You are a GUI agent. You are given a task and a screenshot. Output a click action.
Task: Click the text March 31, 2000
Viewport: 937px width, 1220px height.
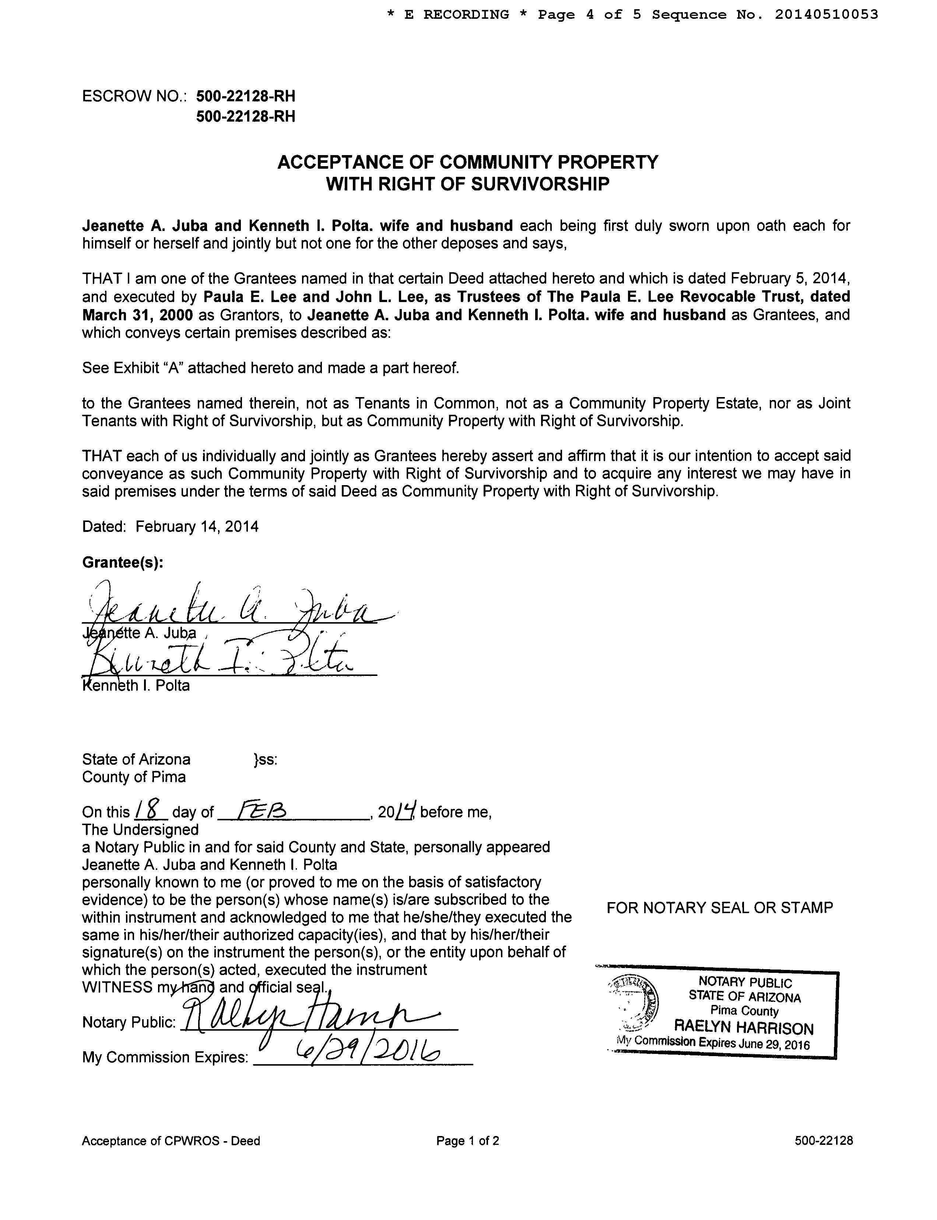pyautogui.click(x=137, y=315)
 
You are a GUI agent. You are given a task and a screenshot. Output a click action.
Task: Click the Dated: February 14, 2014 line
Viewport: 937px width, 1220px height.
pyautogui.click(x=170, y=527)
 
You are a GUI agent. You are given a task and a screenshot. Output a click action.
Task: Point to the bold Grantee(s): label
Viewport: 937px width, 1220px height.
pyautogui.click(x=123, y=562)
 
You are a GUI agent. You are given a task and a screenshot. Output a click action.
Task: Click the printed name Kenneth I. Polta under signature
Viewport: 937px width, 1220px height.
pyautogui.click(x=136, y=686)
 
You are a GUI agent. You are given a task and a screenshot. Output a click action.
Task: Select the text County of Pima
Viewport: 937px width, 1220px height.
pyautogui.click(x=134, y=777)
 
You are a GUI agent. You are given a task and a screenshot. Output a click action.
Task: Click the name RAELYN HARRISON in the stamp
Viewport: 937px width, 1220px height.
pyautogui.click(x=744, y=1028)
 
